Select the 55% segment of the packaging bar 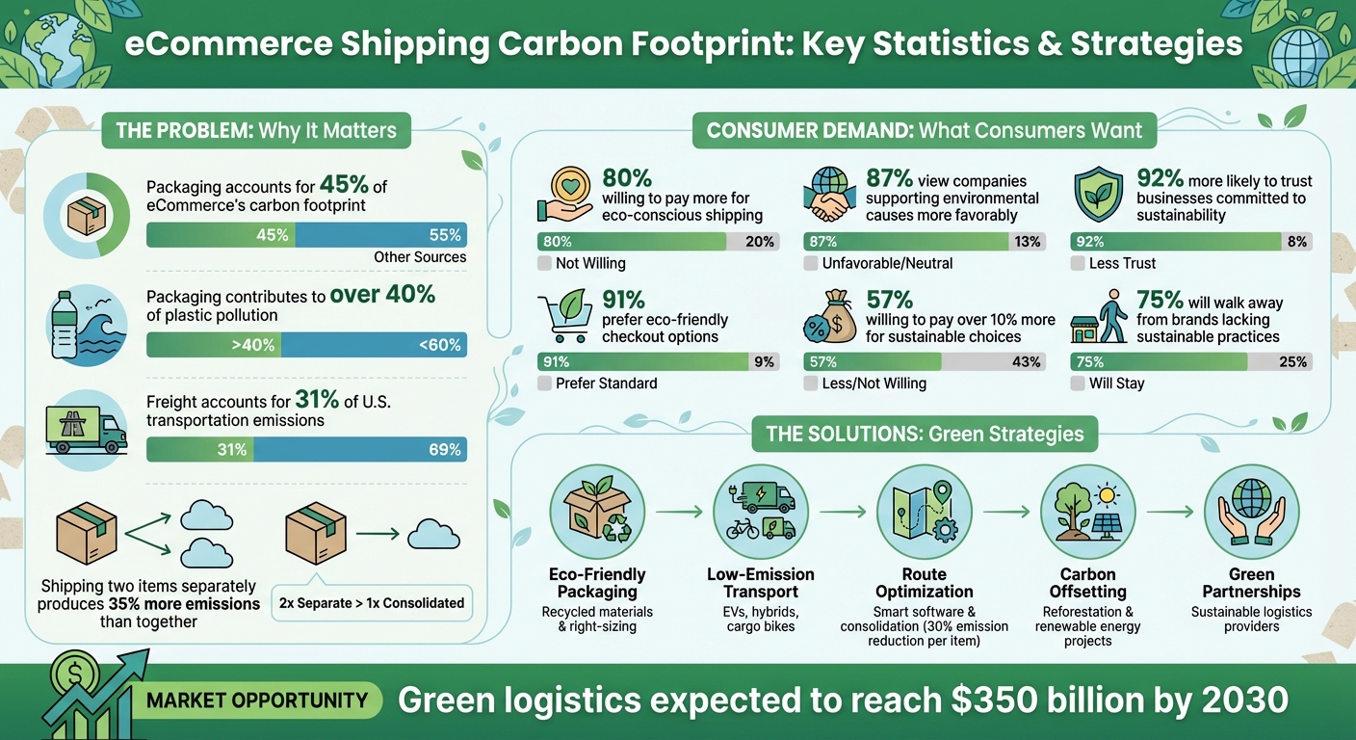(380, 235)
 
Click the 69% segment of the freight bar (360, 450)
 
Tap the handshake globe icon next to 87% (828, 193)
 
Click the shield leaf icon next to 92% (1096, 193)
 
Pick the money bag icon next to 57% (828, 317)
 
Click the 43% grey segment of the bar (993, 362)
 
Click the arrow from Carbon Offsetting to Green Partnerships (1169, 513)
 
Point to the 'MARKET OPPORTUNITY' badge (257, 700)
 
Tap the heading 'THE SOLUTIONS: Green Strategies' (924, 434)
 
